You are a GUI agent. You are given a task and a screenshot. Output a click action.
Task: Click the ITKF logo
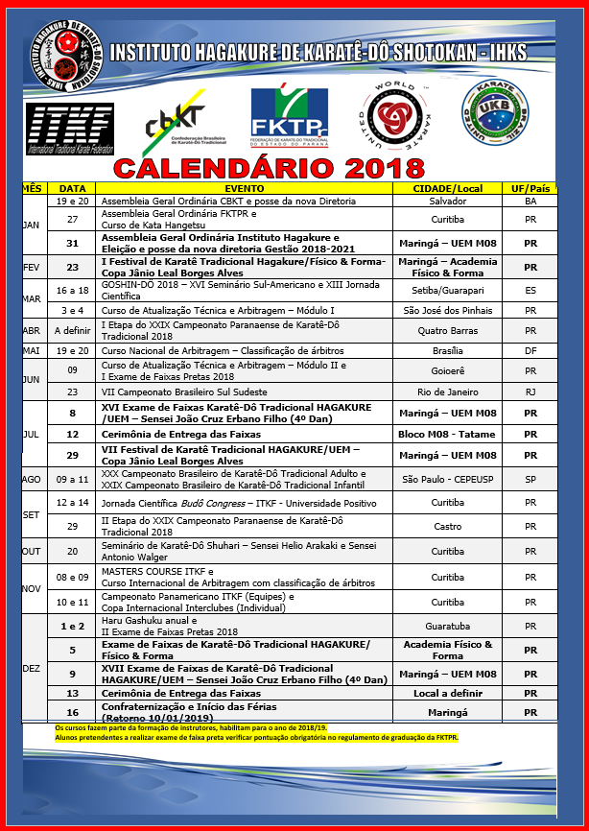click(x=71, y=128)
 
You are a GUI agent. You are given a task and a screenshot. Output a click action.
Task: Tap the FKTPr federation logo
click(x=288, y=114)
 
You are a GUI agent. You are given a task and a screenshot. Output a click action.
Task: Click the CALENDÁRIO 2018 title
click(x=269, y=169)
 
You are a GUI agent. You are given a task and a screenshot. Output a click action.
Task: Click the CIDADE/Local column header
click(x=446, y=188)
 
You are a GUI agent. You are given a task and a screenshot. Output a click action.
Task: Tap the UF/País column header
click(x=530, y=188)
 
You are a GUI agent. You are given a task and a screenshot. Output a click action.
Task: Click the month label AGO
click(x=33, y=478)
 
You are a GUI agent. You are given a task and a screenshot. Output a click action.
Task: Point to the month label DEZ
click(x=33, y=669)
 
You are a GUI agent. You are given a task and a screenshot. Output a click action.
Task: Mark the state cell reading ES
click(x=530, y=289)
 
